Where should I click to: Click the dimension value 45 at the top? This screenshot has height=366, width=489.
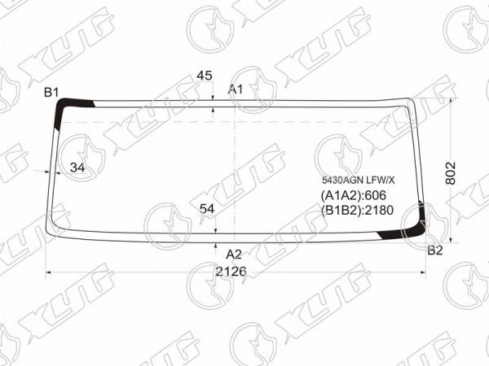(205, 76)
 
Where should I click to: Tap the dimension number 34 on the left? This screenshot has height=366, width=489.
(77, 168)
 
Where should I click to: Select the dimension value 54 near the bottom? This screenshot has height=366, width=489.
(207, 209)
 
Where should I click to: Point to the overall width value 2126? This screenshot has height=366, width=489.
(231, 272)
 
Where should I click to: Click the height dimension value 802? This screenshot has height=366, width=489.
(451, 173)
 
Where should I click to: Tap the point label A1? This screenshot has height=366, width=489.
(236, 89)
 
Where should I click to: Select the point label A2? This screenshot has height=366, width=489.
(234, 255)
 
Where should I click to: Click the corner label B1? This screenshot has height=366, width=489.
(51, 93)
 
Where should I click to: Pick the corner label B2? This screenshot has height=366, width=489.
(435, 250)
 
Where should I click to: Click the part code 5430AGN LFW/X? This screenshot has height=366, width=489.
(359, 180)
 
